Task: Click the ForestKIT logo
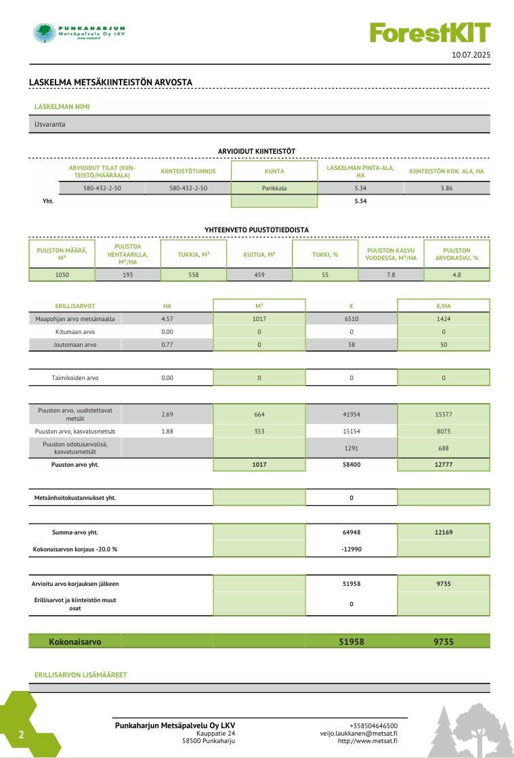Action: pyautogui.click(x=429, y=32)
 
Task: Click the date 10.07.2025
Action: pyautogui.click(x=471, y=54)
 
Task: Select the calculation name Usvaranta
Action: pyautogui.click(x=50, y=124)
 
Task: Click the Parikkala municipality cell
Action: pyautogui.click(x=274, y=188)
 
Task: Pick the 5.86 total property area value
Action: pyautogui.click(x=446, y=188)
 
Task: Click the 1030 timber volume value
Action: pyautogui.click(x=62, y=275)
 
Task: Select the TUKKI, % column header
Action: pyautogui.click(x=325, y=255)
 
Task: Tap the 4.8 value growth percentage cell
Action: pyautogui.click(x=456, y=275)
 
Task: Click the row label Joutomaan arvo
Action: pyautogui.click(x=75, y=345)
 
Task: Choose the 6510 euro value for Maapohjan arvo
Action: pyautogui.click(x=351, y=318)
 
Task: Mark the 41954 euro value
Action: pyautogui.click(x=351, y=414)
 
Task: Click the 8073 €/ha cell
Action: pyautogui.click(x=444, y=431)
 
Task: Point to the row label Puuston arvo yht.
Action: pyautogui.click(x=75, y=465)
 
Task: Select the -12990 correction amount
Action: pyautogui.click(x=351, y=549)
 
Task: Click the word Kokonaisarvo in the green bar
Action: pyautogui.click(x=75, y=641)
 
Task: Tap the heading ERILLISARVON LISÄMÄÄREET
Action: pyautogui.click(x=81, y=675)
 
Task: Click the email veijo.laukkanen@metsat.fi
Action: pyautogui.click(x=359, y=733)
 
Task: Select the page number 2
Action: pyautogui.click(x=21, y=734)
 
